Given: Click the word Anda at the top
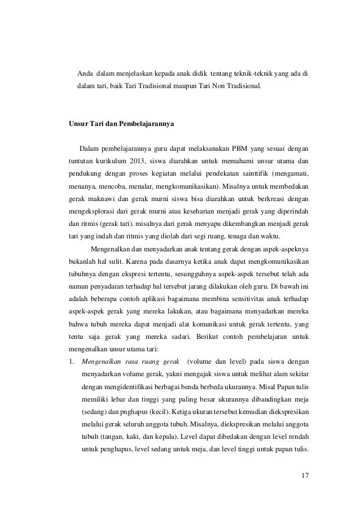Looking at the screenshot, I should tap(85, 73).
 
